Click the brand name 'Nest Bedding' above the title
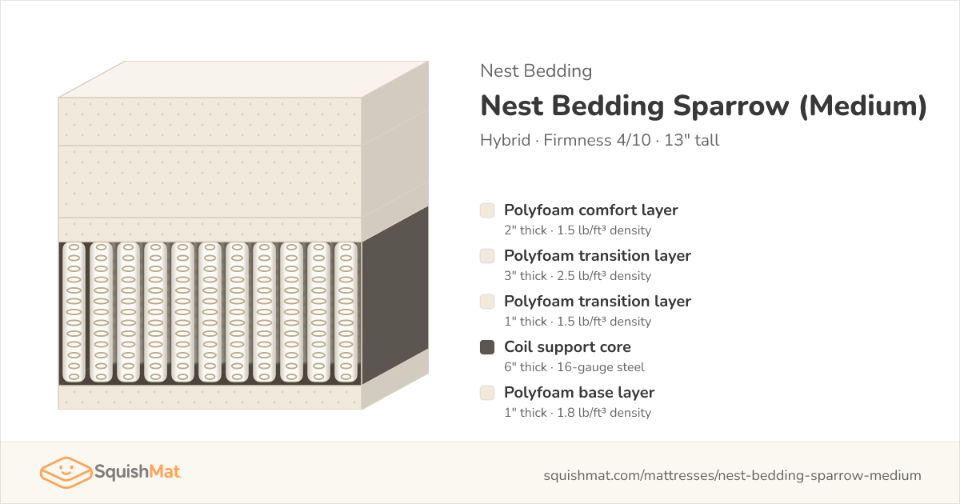(536, 70)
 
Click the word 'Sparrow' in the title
(730, 106)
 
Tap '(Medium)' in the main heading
(863, 106)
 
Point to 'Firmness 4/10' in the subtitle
(597, 140)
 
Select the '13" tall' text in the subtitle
(691, 140)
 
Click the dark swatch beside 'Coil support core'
(487, 347)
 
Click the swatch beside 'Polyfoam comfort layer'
(487, 210)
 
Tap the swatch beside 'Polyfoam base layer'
(487, 393)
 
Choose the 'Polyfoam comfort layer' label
(591, 210)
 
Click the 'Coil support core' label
(567, 346)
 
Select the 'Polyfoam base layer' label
(579, 392)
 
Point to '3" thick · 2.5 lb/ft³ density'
(578, 275)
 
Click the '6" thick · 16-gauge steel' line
(574, 367)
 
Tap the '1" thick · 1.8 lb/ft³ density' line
(578, 412)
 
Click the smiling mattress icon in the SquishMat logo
(66, 472)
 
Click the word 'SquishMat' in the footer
(138, 471)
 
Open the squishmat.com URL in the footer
(733, 475)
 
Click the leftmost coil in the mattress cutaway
(74, 313)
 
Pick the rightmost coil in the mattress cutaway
(346, 313)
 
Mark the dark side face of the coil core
(395, 296)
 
